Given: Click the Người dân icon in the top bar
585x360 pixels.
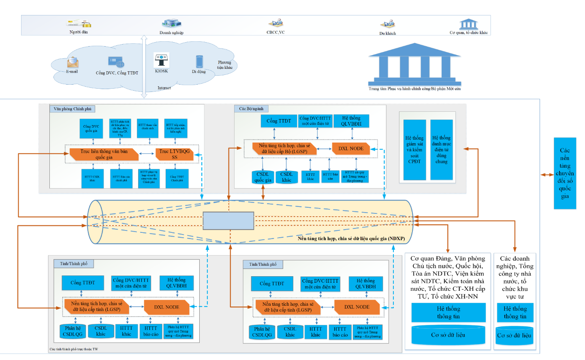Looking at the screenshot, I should point(79,23).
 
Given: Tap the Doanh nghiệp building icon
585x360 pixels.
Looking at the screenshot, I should point(171,23).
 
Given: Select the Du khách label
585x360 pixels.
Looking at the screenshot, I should point(388,33).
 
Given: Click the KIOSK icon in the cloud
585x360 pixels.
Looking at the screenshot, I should point(161,60).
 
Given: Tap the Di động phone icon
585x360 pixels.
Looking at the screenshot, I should point(199,62).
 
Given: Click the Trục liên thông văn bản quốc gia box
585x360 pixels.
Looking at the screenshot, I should point(104,154).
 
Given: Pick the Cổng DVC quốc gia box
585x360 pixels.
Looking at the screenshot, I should point(92,129).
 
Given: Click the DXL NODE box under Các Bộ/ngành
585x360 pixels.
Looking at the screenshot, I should point(351,149).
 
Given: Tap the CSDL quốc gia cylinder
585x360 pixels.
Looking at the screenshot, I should point(263,177).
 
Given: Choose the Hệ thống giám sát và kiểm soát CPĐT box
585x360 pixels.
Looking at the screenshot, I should point(414,149).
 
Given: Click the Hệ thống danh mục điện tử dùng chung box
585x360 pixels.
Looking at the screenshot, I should point(441,149).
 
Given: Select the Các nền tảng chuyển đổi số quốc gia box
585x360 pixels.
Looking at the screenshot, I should point(565,173).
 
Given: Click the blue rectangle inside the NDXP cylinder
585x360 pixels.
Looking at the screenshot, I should point(228,221).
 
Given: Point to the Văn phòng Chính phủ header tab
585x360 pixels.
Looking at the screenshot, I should point(73,109).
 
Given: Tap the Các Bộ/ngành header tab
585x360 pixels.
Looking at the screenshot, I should point(251,109).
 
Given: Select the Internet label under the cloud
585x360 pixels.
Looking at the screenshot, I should point(164,88).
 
